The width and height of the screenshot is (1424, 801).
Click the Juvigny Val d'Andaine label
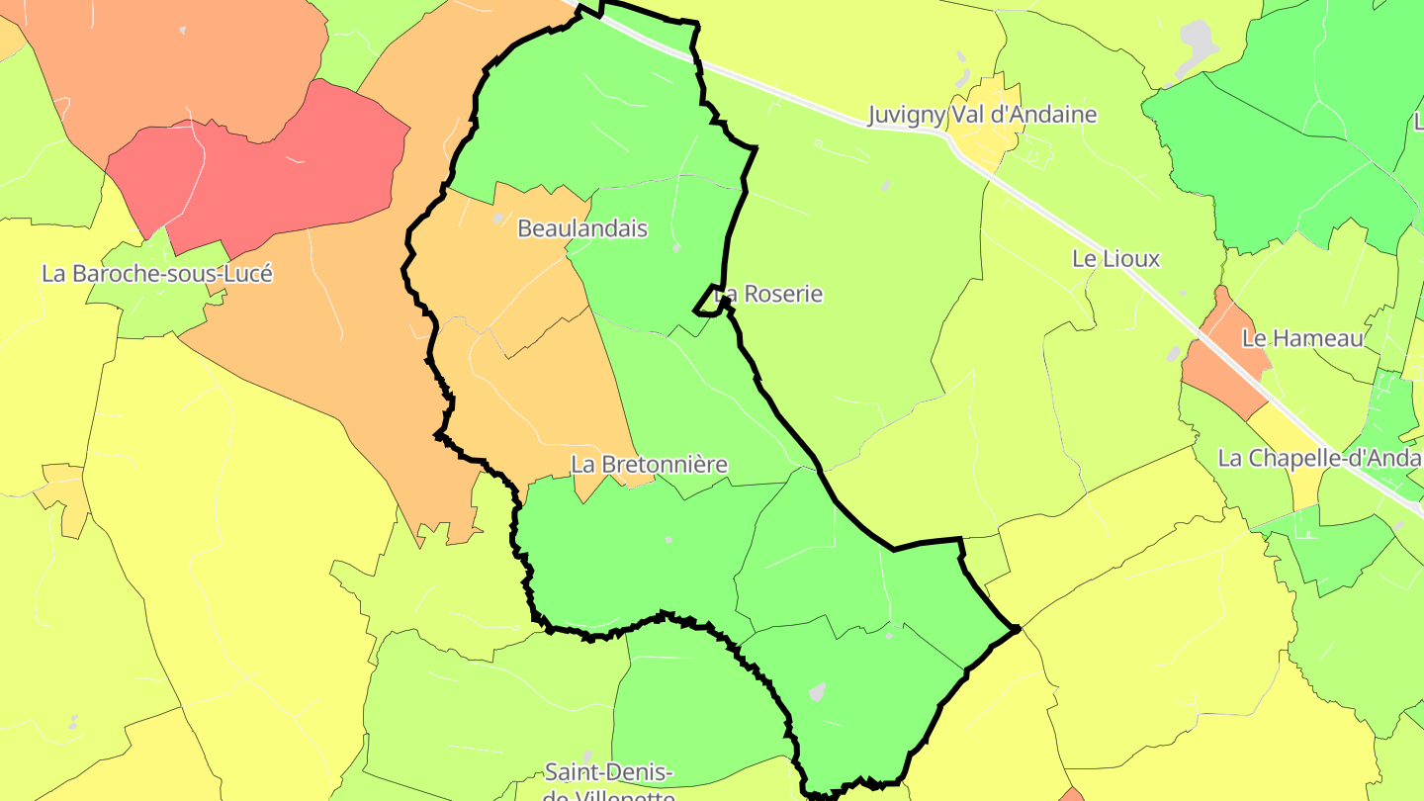coord(982,115)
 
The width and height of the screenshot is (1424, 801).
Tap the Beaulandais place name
coord(582,228)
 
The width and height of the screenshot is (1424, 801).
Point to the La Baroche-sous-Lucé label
coord(156,274)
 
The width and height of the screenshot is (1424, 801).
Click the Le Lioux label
coord(1115,259)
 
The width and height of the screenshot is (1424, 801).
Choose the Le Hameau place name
coord(1302,338)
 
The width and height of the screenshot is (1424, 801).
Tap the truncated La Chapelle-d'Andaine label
coord(1320,459)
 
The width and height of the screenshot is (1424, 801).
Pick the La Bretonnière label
coord(649,464)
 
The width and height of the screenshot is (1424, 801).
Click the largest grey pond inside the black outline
coord(817,691)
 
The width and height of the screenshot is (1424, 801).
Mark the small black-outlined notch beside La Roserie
coord(708,301)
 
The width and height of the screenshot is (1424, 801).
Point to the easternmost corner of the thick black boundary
coord(1017,628)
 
